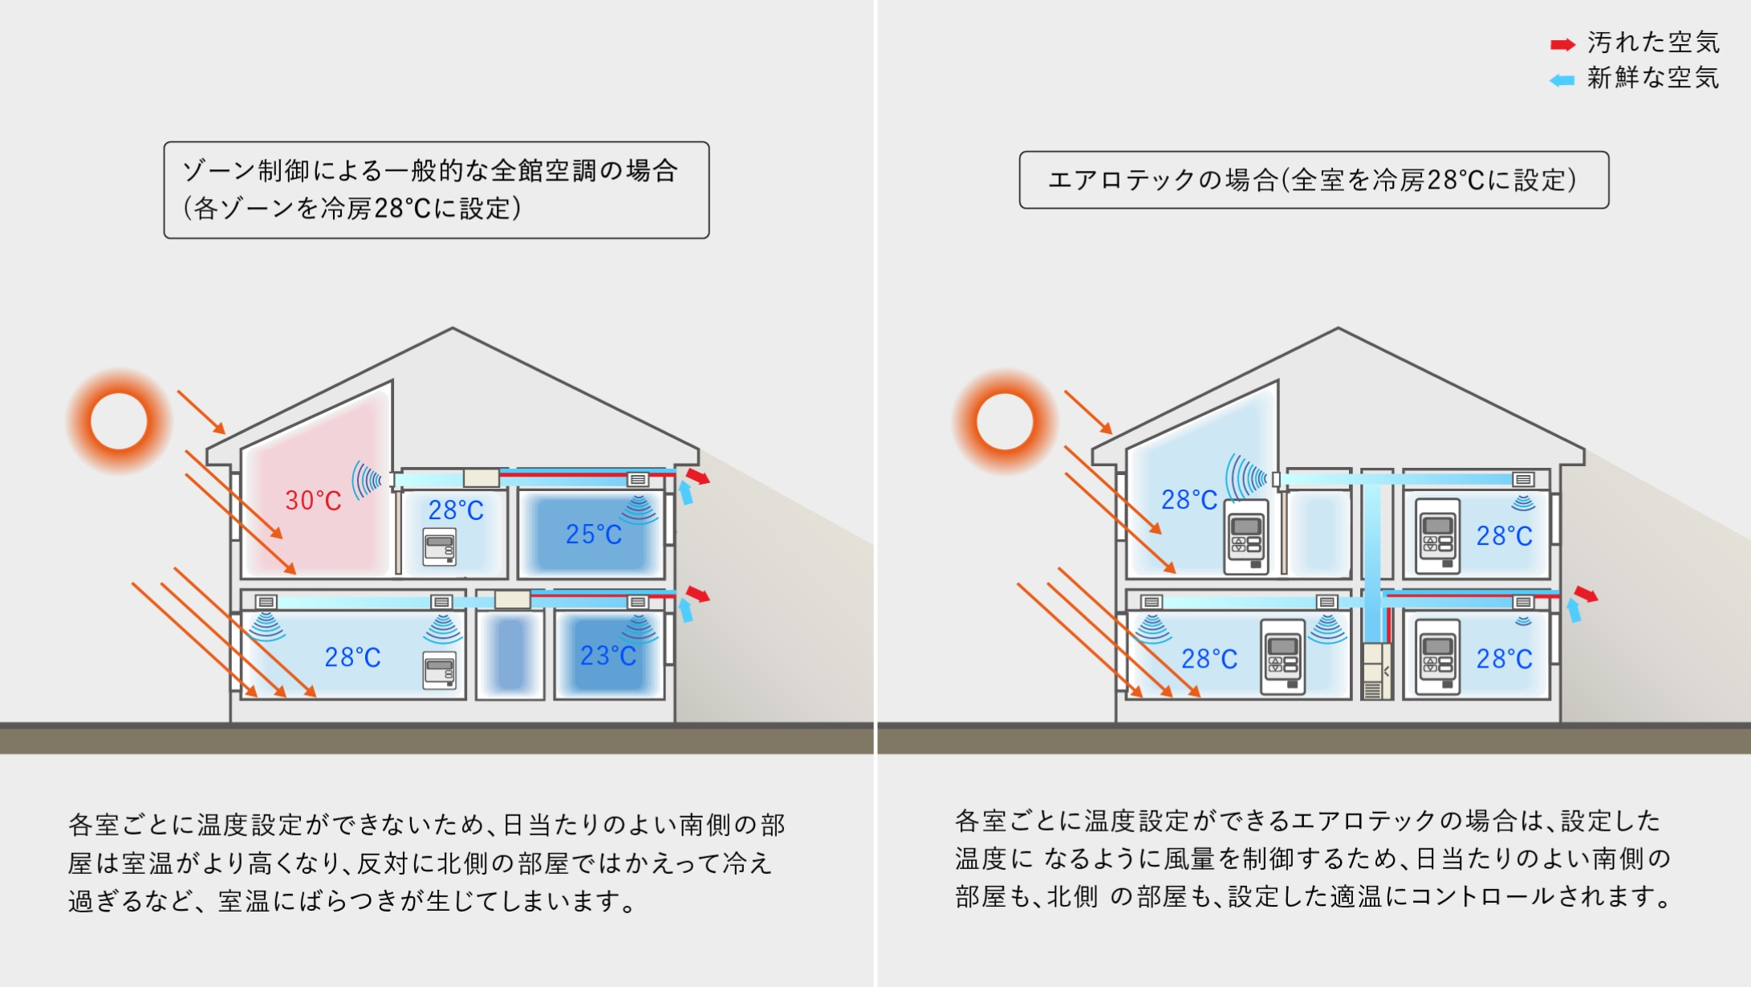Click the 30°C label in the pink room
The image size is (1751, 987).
pyautogui.click(x=313, y=501)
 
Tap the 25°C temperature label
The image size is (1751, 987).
pyautogui.click(x=593, y=534)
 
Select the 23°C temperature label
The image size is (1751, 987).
pyautogui.click(x=607, y=656)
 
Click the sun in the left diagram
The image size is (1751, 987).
pyautogui.click(x=119, y=420)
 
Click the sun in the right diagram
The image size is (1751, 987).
pyautogui.click(x=1005, y=420)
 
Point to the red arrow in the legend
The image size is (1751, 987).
pyautogui.click(x=1562, y=45)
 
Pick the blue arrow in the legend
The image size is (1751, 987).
pyautogui.click(x=1562, y=80)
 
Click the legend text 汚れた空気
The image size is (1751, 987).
pyautogui.click(x=1653, y=43)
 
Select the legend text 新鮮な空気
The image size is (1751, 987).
pyautogui.click(x=1653, y=79)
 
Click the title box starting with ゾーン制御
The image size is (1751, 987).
pyautogui.click(x=436, y=190)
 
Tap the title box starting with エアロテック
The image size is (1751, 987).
pyautogui.click(x=1314, y=180)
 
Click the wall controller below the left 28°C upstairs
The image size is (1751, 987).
pyautogui.click(x=439, y=547)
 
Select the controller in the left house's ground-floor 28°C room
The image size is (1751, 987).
pyautogui.click(x=439, y=670)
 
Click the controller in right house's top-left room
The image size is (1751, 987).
pyautogui.click(x=1245, y=537)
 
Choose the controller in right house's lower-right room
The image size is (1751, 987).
pyautogui.click(x=1437, y=656)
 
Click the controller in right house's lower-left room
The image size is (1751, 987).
pyautogui.click(x=1282, y=656)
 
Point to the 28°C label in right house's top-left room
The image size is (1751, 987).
pyautogui.click(x=1189, y=500)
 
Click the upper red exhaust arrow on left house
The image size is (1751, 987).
pyautogui.click(x=697, y=477)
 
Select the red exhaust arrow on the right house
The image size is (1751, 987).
pyautogui.click(x=1585, y=594)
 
